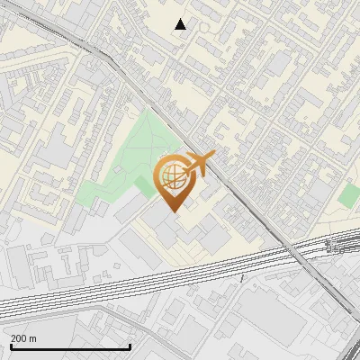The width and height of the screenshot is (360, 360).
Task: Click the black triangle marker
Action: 181,24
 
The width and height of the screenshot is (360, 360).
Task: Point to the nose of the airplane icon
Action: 213,156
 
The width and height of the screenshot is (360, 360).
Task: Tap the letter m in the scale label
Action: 33,338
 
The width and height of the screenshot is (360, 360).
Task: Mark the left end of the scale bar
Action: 10,346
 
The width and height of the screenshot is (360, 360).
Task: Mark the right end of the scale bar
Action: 130,346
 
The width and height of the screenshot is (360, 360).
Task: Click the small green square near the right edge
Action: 349,194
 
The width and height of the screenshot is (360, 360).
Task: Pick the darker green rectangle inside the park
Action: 144,187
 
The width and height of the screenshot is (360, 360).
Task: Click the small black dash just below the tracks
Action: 242,278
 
